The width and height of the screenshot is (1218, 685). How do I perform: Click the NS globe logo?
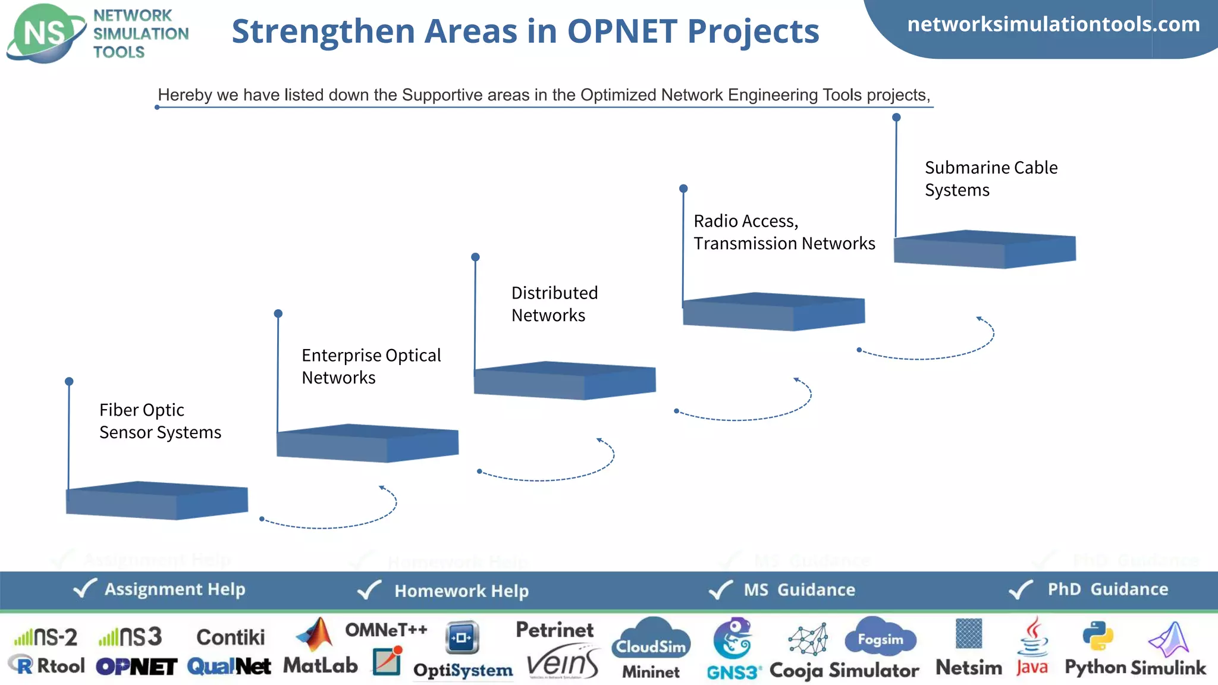45,33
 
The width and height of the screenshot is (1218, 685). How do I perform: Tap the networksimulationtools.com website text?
1053,24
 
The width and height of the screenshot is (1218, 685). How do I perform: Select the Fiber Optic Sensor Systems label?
160,421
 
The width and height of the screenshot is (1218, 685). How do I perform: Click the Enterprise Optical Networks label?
371,366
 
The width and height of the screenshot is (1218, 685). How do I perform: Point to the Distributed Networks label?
554,304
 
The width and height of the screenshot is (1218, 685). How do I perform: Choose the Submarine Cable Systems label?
991,178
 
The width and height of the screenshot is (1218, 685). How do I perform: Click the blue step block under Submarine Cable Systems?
985,249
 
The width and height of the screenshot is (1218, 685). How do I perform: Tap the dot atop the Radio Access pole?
683,188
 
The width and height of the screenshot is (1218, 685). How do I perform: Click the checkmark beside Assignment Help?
84,589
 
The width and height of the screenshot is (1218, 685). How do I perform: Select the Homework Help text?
462,591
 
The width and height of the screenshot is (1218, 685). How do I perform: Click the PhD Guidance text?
1107,589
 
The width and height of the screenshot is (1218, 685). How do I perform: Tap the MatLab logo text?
320,665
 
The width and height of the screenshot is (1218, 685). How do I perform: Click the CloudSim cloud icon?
651,639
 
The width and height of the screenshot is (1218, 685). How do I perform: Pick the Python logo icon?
1097,636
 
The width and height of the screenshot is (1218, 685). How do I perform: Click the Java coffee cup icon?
1034,637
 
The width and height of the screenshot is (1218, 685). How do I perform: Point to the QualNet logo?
229,667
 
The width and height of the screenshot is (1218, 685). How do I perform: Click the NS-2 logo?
46,637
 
